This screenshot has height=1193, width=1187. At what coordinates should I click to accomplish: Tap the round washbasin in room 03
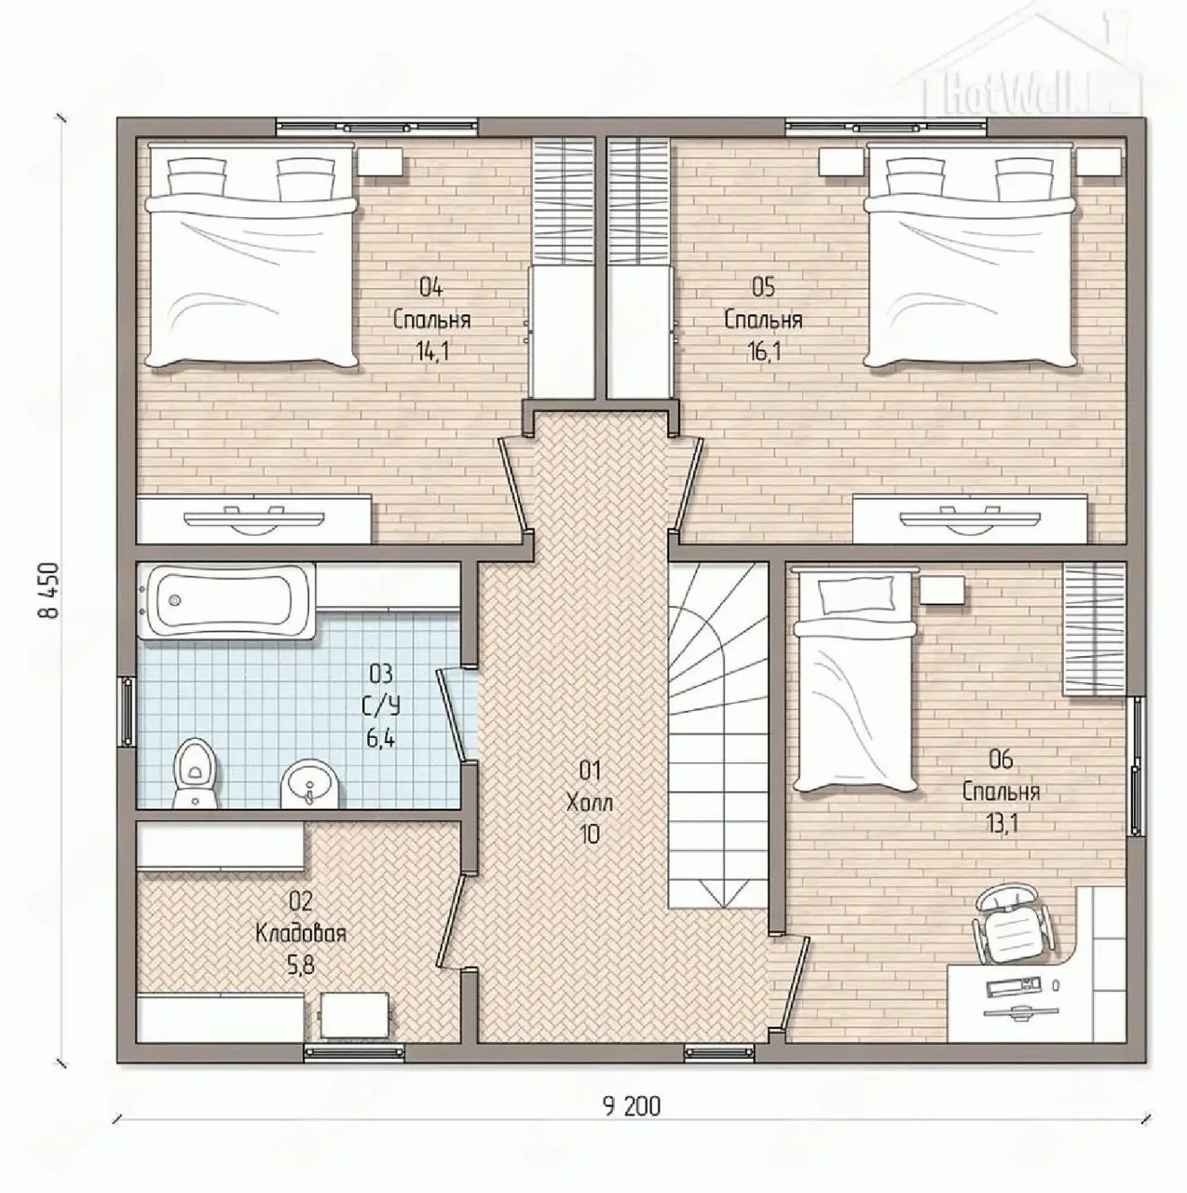[x=309, y=784]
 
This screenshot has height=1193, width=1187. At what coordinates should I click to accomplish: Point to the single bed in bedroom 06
[x=855, y=680]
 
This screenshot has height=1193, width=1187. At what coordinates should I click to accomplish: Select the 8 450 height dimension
[x=49, y=590]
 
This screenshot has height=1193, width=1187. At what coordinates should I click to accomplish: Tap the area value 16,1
[x=764, y=351]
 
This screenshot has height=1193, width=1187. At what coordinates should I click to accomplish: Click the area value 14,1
[x=432, y=351]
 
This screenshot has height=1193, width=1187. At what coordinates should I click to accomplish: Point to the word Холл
[x=589, y=803]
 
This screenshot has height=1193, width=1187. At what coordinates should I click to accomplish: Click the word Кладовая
[x=301, y=933]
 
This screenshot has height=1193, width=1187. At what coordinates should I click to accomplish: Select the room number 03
[x=381, y=673]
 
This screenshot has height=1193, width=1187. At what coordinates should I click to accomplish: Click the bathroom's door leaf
[x=451, y=714]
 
